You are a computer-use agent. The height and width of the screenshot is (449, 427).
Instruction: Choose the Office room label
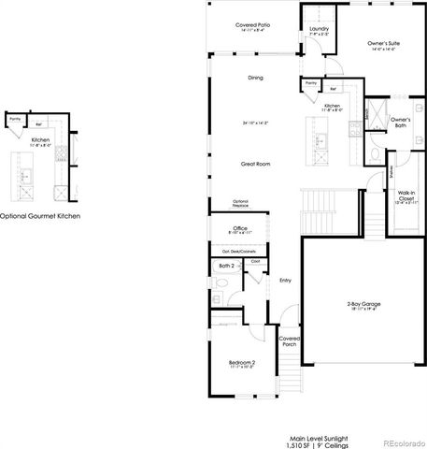point(240,227)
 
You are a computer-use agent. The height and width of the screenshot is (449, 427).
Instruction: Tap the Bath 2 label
point(225,266)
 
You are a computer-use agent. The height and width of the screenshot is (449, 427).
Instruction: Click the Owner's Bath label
point(400,122)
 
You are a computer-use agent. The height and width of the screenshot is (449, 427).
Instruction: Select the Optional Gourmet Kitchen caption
point(40,215)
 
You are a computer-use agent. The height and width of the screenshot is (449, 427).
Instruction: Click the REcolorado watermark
point(403,442)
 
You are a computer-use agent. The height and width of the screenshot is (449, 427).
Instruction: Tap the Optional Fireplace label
point(241,205)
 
